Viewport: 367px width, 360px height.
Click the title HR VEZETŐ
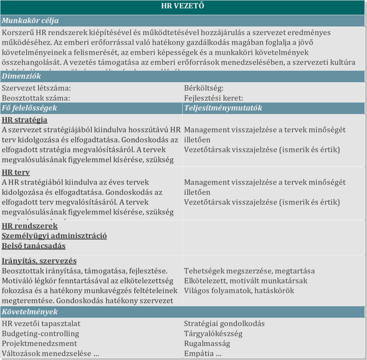(182, 6)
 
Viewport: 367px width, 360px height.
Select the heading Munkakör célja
(30, 20)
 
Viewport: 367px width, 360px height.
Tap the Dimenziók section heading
(22, 76)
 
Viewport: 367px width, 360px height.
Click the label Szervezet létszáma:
(36, 88)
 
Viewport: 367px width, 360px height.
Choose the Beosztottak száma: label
(36, 98)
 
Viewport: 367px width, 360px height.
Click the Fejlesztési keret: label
(214, 98)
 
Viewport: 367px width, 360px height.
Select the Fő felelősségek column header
(29, 108)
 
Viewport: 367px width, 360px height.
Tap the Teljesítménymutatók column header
(223, 108)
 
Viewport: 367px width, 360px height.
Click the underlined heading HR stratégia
(24, 120)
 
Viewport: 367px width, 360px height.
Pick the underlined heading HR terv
(16, 172)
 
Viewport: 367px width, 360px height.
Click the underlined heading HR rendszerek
(30, 226)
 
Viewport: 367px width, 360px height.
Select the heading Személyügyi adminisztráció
(54, 236)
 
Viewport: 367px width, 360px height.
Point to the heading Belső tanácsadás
(34, 246)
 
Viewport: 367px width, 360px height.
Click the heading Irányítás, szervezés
(39, 261)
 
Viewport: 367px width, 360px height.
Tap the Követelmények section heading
(30, 312)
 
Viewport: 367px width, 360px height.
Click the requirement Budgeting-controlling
(40, 333)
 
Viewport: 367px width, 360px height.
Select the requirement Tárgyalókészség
(213, 333)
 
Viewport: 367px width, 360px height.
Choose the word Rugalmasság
(207, 344)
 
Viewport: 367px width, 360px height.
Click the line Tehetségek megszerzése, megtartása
(249, 271)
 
